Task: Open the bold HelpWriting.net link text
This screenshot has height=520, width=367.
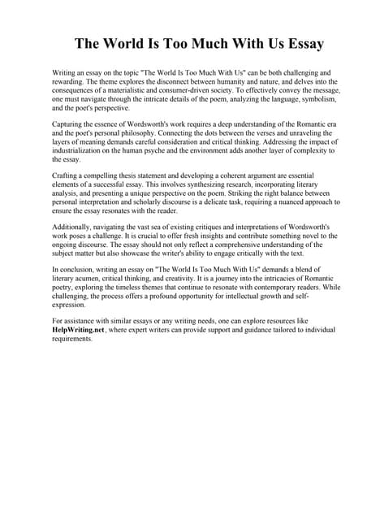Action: (x=79, y=330)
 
